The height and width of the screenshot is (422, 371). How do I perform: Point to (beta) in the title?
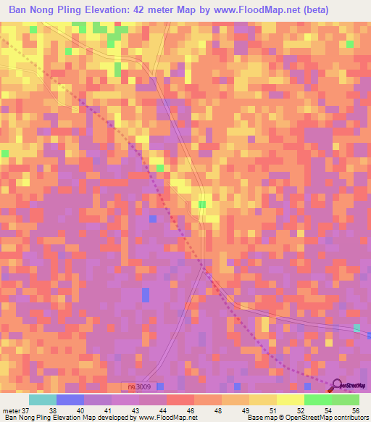pos(313,10)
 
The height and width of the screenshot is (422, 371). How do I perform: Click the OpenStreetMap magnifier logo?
pos(337,386)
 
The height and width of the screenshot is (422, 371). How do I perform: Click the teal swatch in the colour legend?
pos(43,400)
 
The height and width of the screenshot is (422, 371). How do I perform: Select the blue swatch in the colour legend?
pos(70,400)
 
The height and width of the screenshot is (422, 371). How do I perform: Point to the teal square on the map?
pos(357,328)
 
